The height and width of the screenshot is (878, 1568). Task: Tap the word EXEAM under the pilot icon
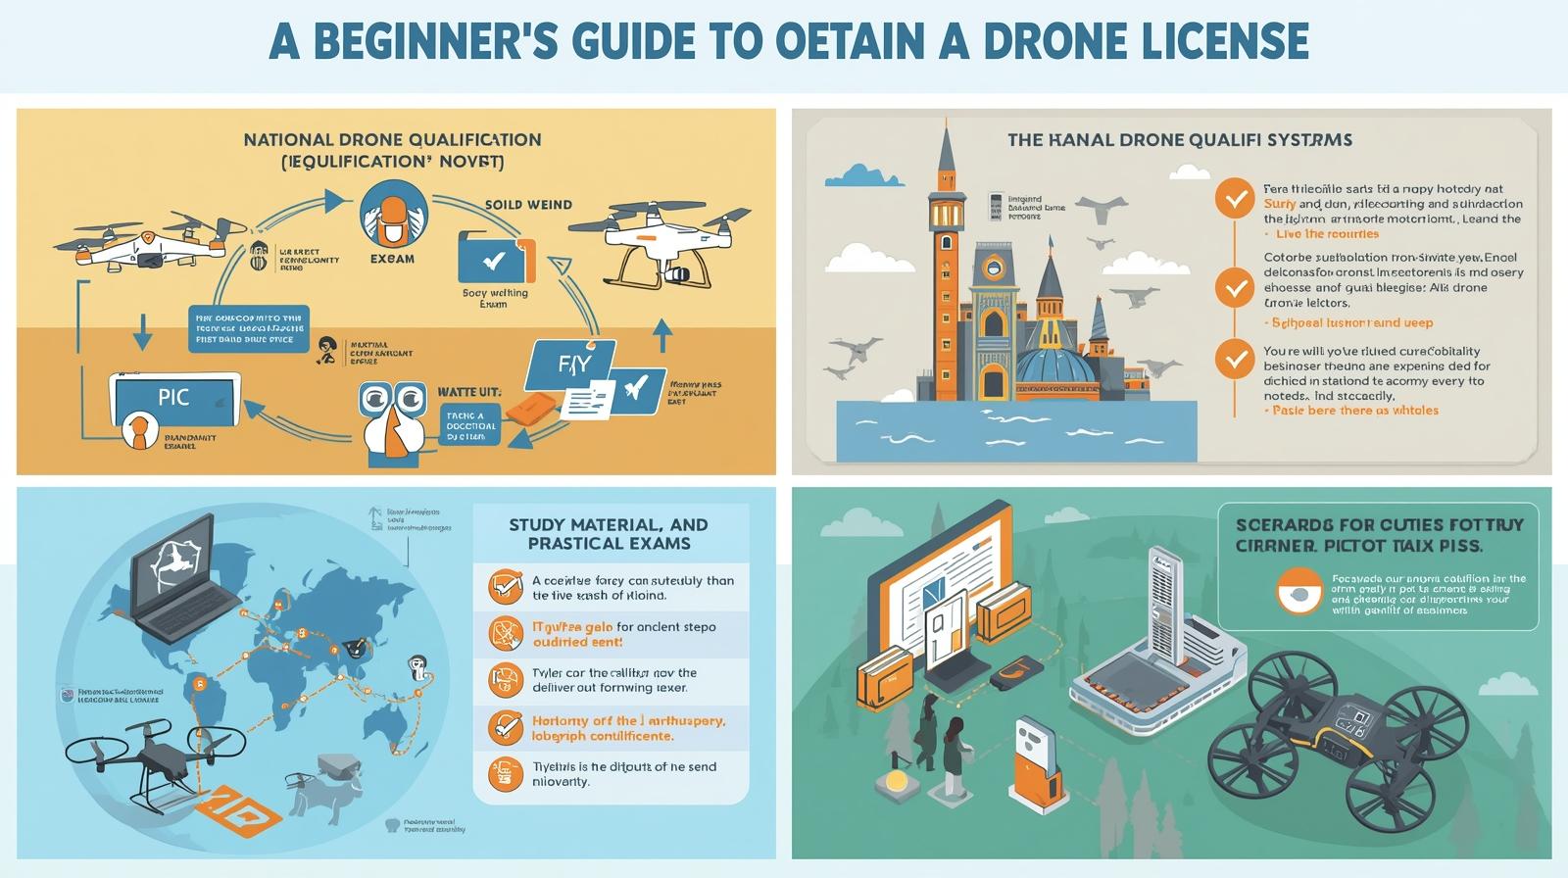(392, 259)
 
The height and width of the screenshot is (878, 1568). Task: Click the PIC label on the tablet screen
(173, 398)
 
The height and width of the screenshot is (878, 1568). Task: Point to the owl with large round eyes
(392, 416)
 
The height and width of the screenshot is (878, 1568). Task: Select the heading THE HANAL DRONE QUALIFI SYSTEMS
(1179, 140)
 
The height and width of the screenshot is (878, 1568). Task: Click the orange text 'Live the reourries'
(1327, 234)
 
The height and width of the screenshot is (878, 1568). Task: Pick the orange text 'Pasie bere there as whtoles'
(1355, 411)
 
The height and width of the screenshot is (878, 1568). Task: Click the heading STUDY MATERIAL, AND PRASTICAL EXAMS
(609, 534)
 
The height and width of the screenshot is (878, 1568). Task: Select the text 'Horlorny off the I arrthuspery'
(628, 720)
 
